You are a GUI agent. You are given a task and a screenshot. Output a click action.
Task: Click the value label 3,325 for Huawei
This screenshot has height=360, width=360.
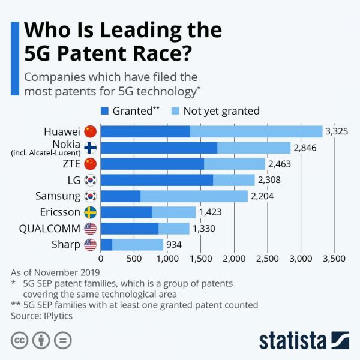337,131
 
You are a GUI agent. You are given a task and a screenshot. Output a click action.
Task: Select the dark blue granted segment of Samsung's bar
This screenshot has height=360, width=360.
120,196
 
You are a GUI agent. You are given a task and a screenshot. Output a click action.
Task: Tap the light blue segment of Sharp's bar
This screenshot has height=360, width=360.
137,244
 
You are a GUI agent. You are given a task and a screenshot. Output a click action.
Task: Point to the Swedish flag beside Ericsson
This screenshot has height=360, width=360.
91,212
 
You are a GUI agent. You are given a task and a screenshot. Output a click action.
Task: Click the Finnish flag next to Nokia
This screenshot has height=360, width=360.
91,148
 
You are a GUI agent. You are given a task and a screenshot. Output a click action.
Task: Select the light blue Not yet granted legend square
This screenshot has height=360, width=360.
175,110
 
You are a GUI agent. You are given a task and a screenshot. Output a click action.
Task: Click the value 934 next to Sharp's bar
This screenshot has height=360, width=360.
173,244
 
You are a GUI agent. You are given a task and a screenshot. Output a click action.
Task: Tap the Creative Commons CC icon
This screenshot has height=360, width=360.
19,340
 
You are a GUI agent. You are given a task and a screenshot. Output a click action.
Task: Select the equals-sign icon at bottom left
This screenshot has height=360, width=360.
62,340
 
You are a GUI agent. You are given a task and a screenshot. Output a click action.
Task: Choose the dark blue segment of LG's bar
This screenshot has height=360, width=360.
157,180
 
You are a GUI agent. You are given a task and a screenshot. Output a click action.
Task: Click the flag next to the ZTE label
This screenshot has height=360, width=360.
91,164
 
